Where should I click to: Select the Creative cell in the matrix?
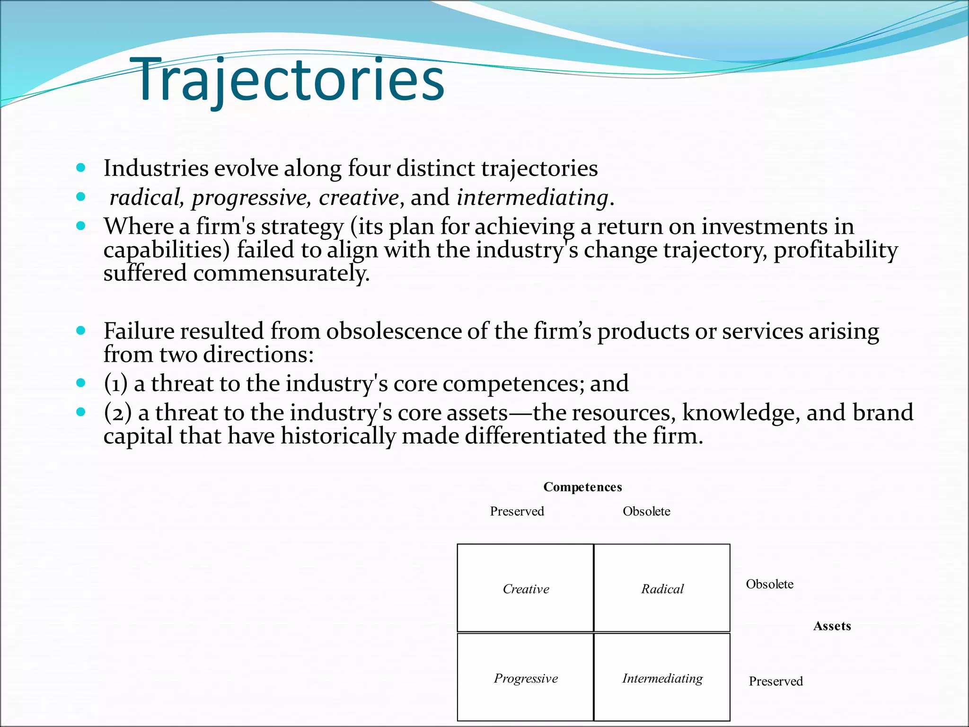tap(525, 588)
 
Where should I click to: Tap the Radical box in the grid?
tap(662, 588)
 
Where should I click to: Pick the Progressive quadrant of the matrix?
tap(525, 678)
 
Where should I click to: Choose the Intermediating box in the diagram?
tap(662, 678)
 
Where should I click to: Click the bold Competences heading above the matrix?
tap(582, 487)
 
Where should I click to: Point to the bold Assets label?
tap(832, 626)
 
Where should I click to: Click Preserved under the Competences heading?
tap(517, 511)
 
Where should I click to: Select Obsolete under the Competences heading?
tap(646, 511)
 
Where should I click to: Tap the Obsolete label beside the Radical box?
tap(769, 584)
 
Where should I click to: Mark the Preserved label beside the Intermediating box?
tap(775, 681)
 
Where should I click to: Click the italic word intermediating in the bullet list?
tap(532, 197)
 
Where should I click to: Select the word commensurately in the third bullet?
tap(281, 273)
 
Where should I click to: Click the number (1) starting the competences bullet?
tap(115, 383)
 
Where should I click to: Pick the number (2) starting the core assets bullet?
tap(117, 412)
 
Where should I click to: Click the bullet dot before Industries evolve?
tap(81, 168)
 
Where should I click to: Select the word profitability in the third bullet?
tap(836, 250)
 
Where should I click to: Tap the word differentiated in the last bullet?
tap(535, 435)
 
